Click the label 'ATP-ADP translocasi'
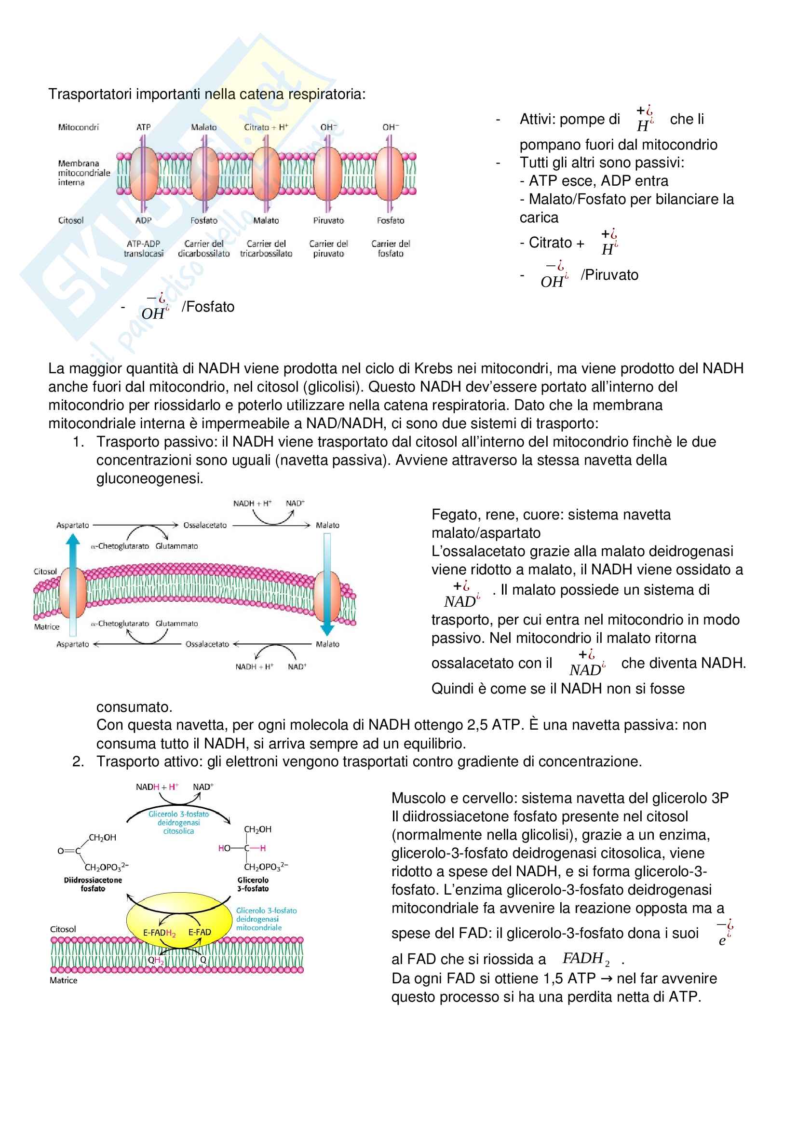143,248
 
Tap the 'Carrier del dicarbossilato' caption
204,248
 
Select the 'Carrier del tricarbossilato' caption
266,248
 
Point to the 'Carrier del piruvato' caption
328,248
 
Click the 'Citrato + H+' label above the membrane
266,127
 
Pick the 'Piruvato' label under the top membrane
328,220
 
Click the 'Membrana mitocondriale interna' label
83,173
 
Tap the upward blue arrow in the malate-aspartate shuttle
73,584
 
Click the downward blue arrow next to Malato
327,584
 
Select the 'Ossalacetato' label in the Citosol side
205,525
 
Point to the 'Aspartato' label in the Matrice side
73,644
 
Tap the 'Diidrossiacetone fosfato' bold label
93,884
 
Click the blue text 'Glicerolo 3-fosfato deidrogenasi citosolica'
179,822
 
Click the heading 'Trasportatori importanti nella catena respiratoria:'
207,94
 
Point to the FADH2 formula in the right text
586,959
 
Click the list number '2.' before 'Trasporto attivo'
78,761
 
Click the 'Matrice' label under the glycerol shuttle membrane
63,980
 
